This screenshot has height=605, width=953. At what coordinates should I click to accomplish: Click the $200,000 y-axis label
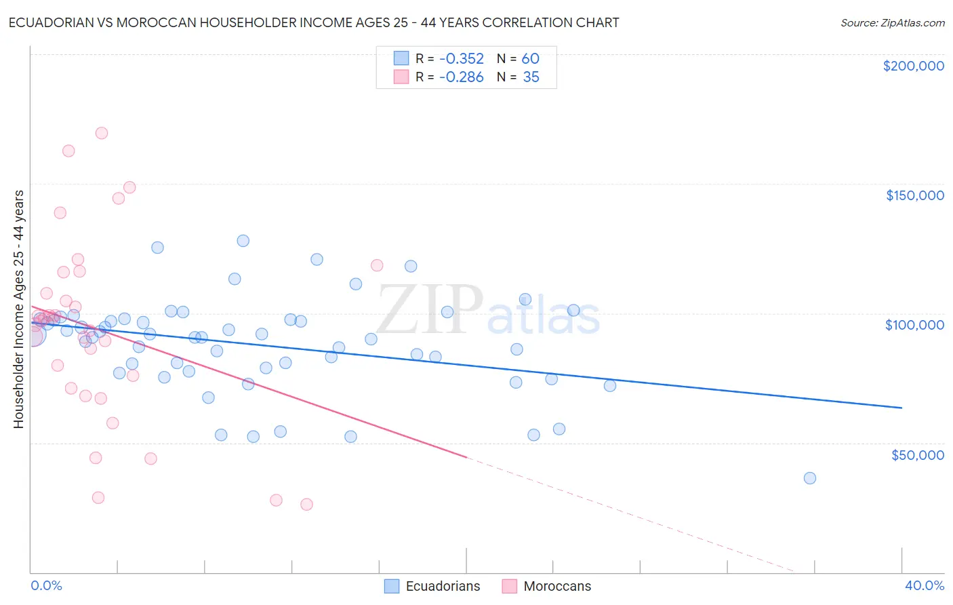(913, 66)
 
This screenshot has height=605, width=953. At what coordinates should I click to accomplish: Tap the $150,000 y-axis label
(914, 195)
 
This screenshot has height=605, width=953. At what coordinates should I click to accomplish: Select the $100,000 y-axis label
(914, 325)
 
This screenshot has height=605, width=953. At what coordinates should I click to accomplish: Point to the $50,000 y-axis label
(917, 454)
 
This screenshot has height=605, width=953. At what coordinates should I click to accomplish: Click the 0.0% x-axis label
(46, 585)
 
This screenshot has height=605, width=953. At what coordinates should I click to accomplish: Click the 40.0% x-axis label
(924, 585)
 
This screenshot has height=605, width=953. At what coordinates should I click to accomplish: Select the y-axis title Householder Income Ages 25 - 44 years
(18, 309)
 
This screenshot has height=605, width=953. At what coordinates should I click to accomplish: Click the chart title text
(314, 22)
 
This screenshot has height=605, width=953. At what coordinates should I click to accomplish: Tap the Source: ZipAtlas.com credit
(892, 23)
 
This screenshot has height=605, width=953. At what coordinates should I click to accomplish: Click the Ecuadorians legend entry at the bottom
(432, 586)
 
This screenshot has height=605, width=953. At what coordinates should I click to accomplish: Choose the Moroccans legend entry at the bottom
(546, 586)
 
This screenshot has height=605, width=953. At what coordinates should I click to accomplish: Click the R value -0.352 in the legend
(461, 59)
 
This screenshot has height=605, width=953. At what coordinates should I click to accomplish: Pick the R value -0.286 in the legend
(461, 77)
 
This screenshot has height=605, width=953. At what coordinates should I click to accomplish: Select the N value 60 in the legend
(530, 59)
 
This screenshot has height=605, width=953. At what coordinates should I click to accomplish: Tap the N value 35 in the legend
(531, 77)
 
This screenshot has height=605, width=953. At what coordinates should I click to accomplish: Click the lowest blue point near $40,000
(809, 478)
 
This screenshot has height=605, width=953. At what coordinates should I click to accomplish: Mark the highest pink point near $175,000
(102, 133)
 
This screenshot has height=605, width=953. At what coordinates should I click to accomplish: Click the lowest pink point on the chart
(306, 505)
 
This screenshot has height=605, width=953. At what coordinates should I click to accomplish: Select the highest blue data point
(243, 241)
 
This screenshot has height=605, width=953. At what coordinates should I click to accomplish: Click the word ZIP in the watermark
(430, 310)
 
